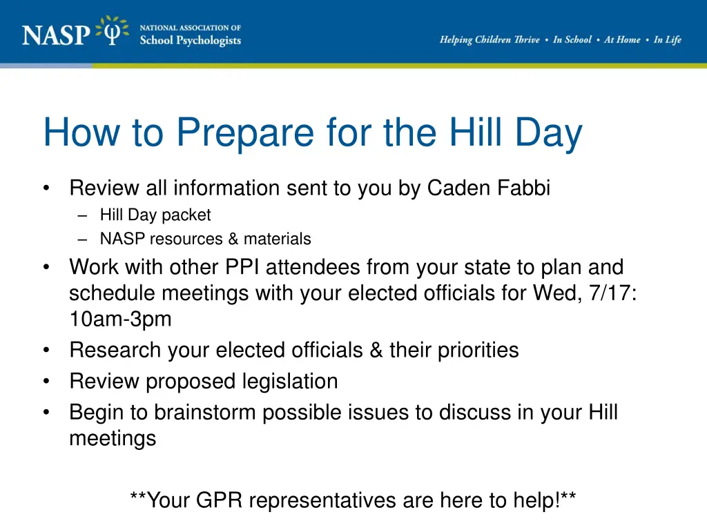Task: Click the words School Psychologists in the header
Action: (190, 41)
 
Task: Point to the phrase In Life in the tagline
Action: (667, 40)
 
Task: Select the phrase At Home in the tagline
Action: (622, 40)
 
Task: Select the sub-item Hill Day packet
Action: (155, 215)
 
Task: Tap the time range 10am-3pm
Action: (119, 320)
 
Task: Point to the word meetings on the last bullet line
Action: (113, 439)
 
